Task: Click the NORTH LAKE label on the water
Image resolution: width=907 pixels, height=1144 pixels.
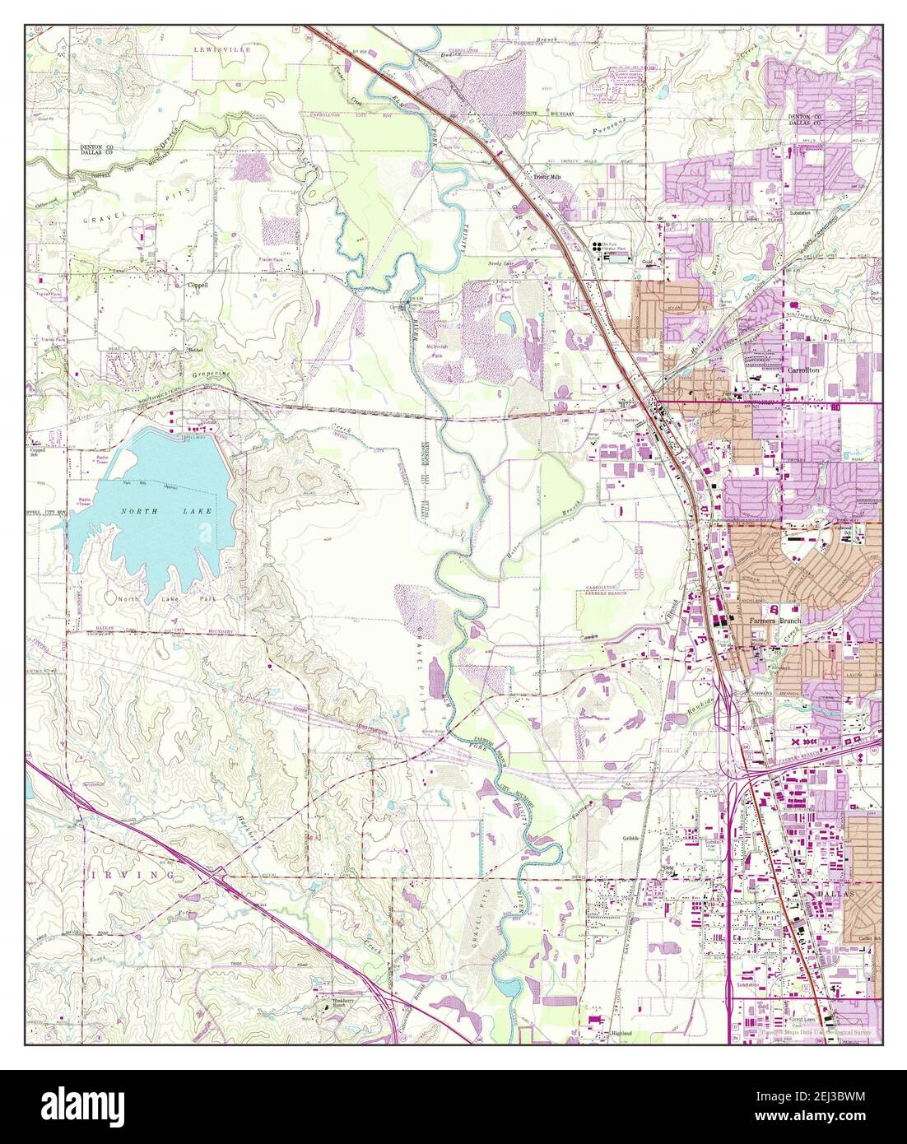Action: click(157, 511)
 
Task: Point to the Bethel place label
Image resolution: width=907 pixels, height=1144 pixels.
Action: click(195, 349)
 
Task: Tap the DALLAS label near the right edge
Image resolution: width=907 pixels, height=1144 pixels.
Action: click(830, 891)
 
